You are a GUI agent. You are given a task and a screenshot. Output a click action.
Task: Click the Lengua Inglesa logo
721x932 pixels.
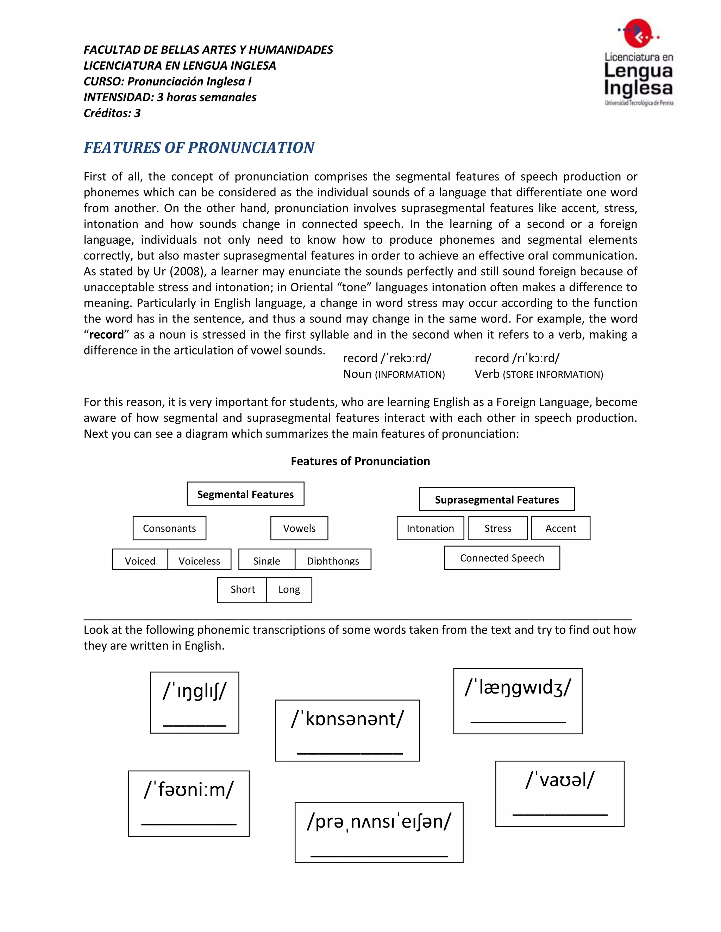coord(638,62)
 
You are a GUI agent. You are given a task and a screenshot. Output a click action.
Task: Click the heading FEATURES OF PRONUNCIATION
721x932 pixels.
coord(199,148)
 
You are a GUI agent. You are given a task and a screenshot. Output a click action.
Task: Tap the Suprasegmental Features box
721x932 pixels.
coord(496,499)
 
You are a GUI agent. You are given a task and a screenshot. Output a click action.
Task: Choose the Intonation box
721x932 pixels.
coord(430,528)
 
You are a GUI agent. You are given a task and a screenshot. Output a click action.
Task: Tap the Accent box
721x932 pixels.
coord(560,528)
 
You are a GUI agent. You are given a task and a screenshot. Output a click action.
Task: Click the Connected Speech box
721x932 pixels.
coord(502,558)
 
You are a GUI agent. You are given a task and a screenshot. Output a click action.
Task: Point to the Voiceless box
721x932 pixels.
coord(199,560)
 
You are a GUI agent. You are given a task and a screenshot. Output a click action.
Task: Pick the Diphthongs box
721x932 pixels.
coord(333,560)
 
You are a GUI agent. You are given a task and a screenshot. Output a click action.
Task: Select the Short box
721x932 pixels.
coord(242,590)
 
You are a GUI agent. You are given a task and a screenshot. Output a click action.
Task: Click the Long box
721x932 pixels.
coord(289,590)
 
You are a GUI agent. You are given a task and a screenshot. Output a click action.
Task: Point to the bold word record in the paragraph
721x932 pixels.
coord(106,334)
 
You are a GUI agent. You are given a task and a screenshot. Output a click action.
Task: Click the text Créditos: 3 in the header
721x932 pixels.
coord(112,113)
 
